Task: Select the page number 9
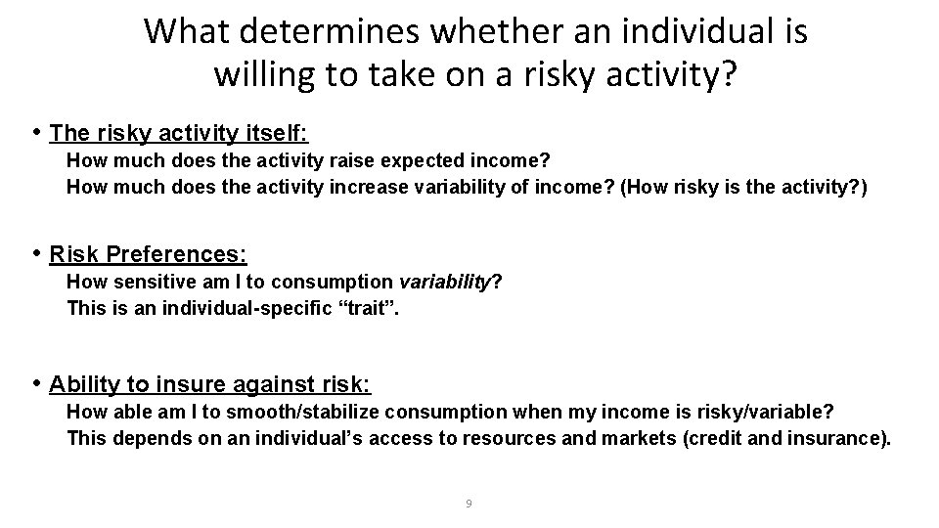pos(469,504)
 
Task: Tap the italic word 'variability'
pos(449,283)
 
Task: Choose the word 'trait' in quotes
pos(377,308)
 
